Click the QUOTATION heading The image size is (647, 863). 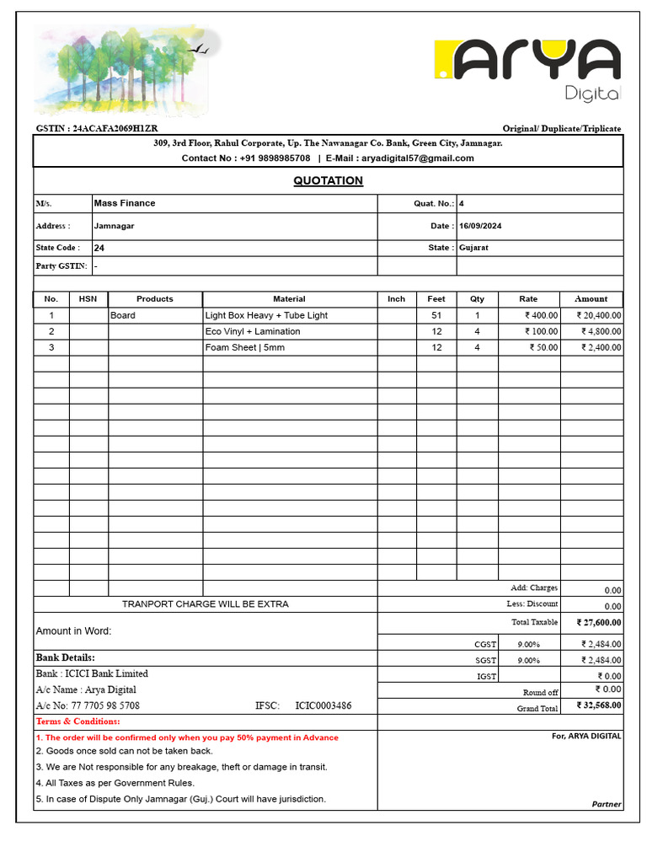(x=328, y=180)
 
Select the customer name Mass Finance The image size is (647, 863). (x=125, y=203)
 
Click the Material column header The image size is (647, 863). (x=289, y=299)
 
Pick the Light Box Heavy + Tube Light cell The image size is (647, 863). (x=266, y=315)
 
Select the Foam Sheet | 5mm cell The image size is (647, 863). (x=245, y=347)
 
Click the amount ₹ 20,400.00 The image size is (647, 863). (x=599, y=315)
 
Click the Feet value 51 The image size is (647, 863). (x=436, y=315)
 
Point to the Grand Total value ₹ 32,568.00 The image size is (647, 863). (x=599, y=705)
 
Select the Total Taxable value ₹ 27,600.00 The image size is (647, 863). (x=599, y=623)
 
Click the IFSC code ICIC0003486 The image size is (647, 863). (x=323, y=705)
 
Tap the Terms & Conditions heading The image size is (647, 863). (x=78, y=721)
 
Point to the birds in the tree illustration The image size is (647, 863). (x=201, y=51)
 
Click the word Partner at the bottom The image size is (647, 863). (x=607, y=804)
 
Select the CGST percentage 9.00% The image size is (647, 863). (x=528, y=644)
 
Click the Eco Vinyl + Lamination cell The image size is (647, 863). (x=253, y=331)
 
